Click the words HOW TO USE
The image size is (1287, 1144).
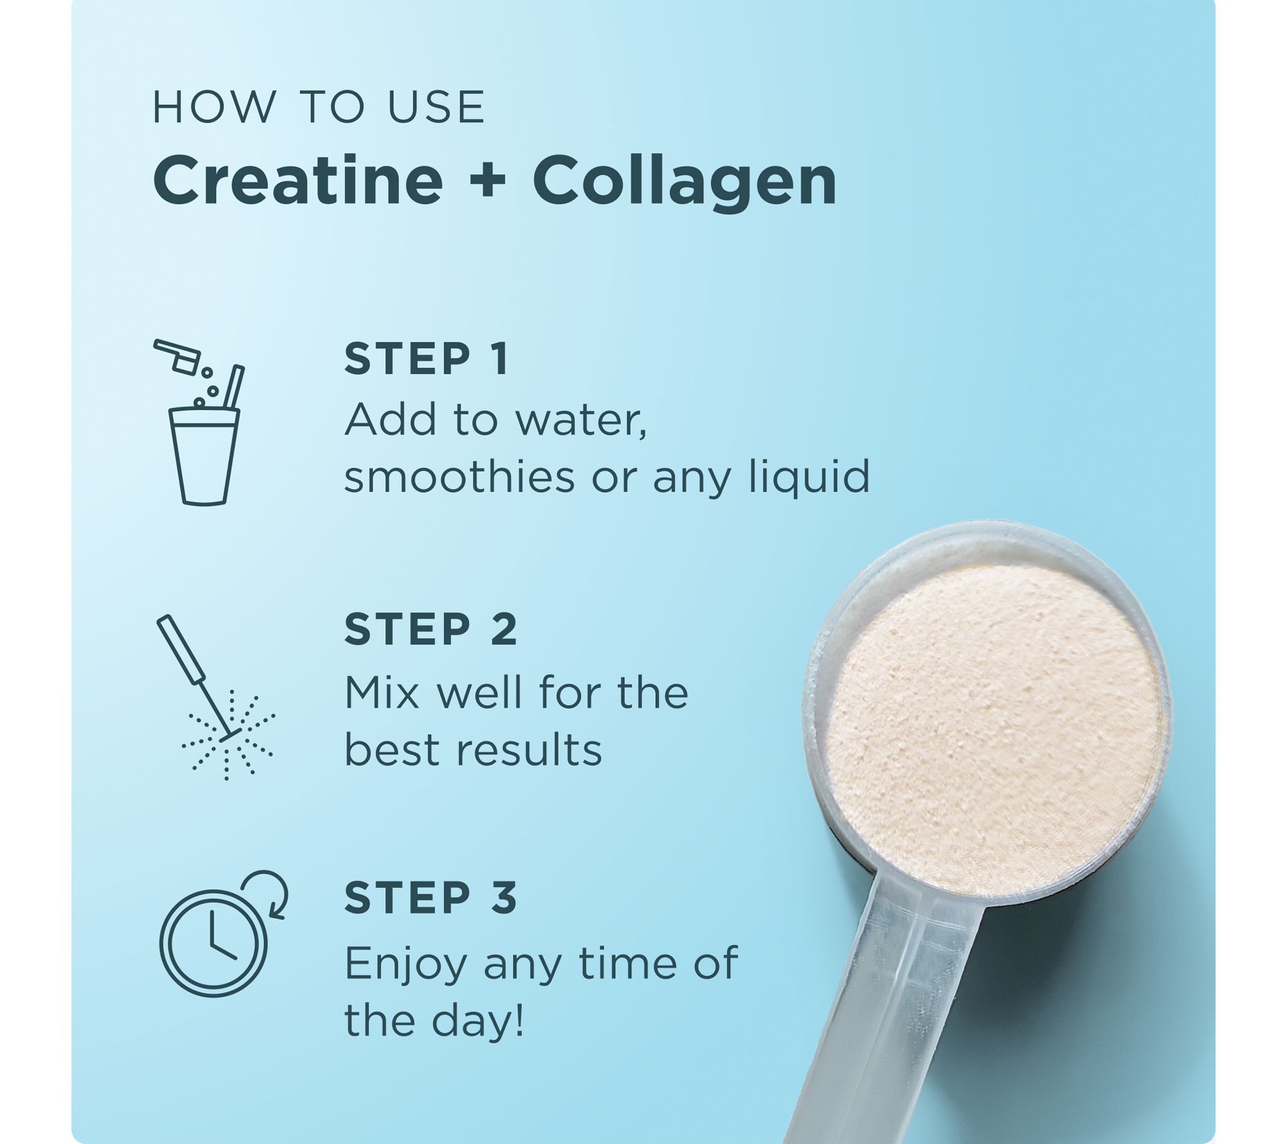click(319, 107)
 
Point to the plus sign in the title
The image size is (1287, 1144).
click(488, 183)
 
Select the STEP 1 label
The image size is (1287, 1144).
click(427, 358)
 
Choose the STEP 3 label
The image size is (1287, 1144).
click(431, 898)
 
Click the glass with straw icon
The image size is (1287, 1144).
click(203, 421)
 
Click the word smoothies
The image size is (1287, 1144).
click(459, 476)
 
